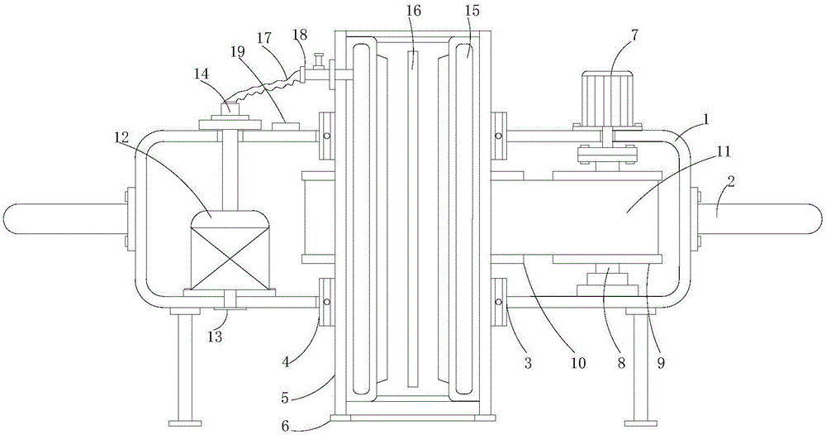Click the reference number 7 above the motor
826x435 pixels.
634,36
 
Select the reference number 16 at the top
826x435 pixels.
414,11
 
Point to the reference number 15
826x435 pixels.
472,11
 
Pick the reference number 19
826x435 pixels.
238,51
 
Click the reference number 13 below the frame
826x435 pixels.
215,336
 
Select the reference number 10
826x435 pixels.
578,363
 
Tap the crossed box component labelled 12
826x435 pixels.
229,250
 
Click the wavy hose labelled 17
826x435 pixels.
263,88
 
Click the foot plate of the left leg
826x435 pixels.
185,423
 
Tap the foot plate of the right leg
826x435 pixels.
641,423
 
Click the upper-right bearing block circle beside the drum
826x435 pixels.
498,136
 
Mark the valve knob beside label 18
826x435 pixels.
317,61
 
